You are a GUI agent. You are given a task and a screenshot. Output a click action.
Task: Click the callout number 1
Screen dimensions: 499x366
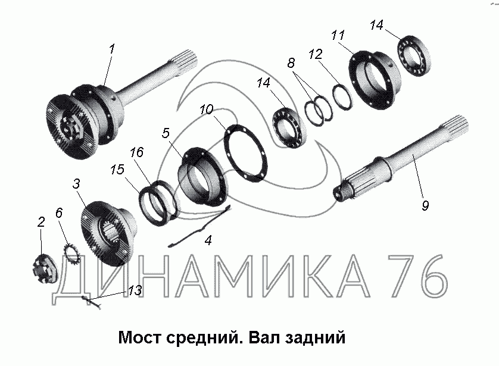pyautogui.click(x=112, y=49)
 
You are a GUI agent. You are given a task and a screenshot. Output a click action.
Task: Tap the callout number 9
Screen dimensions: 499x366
pyautogui.click(x=425, y=205)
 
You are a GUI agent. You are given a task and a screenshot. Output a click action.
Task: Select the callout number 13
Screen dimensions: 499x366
pyautogui.click(x=135, y=290)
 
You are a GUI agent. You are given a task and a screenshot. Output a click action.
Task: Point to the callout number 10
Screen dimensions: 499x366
pyautogui.click(x=206, y=110)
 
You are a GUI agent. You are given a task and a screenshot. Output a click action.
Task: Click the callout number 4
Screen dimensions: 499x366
pyautogui.click(x=208, y=240)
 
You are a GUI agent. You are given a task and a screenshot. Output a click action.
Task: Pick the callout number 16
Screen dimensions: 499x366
pyautogui.click(x=136, y=152)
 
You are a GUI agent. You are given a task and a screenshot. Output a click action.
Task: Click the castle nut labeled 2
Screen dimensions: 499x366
pyautogui.click(x=45, y=268)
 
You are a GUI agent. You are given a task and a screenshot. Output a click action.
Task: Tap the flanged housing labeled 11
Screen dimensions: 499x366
pyautogui.click(x=374, y=80)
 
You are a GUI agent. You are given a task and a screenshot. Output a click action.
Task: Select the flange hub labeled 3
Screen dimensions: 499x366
pyautogui.click(x=109, y=234)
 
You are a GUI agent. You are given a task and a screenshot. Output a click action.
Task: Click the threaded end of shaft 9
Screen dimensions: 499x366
pyautogui.click(x=344, y=192)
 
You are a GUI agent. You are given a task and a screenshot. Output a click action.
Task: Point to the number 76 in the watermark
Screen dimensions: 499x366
pyautogui.click(x=416, y=276)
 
